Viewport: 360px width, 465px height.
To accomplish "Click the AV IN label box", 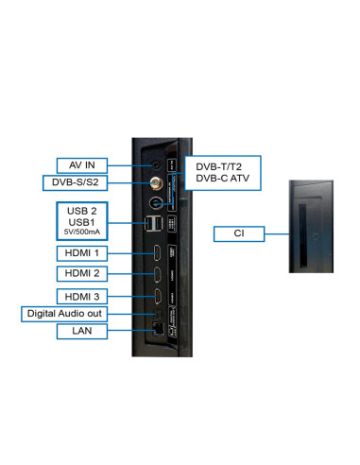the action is [82, 165].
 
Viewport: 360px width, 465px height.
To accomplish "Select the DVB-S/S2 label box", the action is [75, 182].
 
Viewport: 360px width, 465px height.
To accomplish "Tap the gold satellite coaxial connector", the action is [156, 182].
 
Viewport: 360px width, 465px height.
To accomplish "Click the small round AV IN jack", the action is [156, 164].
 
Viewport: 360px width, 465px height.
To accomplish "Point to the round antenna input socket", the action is [155, 203].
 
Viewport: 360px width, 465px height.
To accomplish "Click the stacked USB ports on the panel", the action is [153, 224].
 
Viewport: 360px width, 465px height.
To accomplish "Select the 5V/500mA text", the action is [82, 232].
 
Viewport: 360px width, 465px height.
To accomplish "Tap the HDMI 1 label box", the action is [82, 253].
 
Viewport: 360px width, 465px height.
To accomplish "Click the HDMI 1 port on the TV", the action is [157, 253].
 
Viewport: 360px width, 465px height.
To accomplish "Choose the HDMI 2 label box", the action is [82, 273].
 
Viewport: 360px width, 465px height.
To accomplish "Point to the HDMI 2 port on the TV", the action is [157, 275].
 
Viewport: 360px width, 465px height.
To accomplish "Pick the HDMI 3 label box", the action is [82, 297].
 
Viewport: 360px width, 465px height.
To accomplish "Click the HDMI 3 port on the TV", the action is [158, 297].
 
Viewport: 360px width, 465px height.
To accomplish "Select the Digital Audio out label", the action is [64, 314].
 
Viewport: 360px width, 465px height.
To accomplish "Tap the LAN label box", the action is [82, 331].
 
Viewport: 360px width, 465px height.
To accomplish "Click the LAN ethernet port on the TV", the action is [158, 329].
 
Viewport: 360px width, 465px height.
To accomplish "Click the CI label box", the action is [239, 233].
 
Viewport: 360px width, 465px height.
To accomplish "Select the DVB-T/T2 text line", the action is [218, 167].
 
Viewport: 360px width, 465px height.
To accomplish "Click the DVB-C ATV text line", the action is [222, 179].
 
